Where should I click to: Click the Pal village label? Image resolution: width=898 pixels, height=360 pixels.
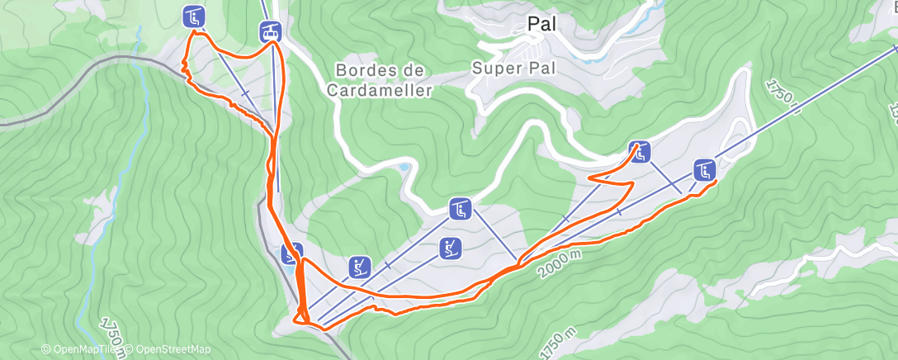coord(541,25)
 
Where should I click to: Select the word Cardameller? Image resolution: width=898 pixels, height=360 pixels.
coord(379,91)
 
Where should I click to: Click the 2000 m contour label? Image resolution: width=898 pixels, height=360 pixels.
coord(563,263)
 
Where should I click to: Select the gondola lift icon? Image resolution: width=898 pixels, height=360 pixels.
coord(270,33)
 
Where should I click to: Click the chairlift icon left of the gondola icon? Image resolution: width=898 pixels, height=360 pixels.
coord(194,16)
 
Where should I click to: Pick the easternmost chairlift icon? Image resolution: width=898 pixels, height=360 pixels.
coord(704,171)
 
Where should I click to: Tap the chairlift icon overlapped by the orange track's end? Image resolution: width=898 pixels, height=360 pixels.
coord(641,152)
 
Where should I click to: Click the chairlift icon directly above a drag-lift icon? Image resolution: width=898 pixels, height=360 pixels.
coord(460,209)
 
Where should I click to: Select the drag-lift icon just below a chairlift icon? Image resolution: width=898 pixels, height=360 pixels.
coord(450,246)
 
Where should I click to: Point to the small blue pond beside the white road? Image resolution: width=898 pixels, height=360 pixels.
coord(402,168)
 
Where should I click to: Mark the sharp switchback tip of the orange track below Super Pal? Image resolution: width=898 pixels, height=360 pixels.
coord(588,177)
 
